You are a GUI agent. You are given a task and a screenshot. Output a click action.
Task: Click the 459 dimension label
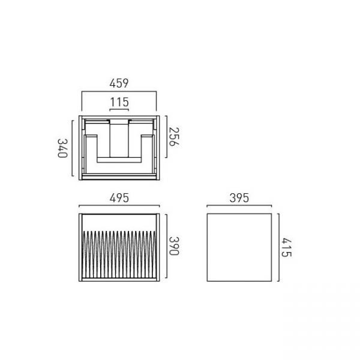coord(119,83)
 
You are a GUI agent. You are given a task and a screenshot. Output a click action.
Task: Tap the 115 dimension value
coord(119,102)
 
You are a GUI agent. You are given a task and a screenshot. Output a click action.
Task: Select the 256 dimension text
coord(173,137)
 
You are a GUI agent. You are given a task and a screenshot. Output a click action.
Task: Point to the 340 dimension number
coord(62,148)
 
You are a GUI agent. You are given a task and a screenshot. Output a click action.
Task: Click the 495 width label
coord(119,198)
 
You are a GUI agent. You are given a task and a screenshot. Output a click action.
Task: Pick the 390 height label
coord(173,246)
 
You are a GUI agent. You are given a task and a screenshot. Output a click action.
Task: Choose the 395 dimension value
coord(239,198)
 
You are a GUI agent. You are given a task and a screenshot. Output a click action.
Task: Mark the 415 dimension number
coord(287,247)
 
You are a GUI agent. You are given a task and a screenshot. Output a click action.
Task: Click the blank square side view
coord(239,247)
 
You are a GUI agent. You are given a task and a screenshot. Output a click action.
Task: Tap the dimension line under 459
coord(119,92)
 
